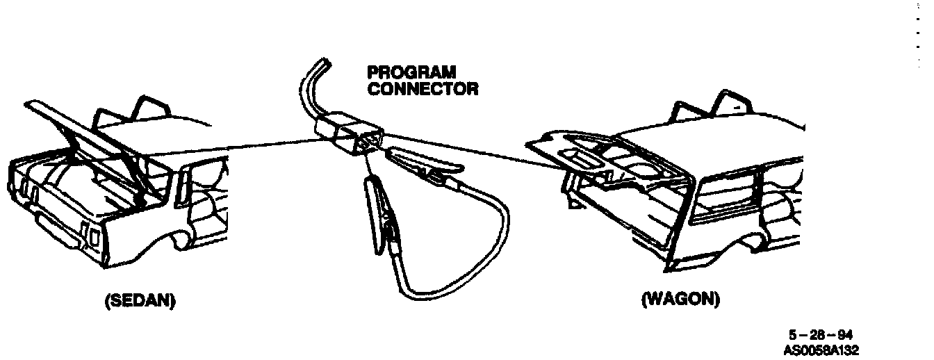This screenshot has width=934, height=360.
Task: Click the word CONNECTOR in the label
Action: (x=423, y=89)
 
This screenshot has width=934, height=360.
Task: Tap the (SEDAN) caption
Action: (x=140, y=301)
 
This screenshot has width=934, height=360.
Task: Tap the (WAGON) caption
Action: (x=680, y=300)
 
